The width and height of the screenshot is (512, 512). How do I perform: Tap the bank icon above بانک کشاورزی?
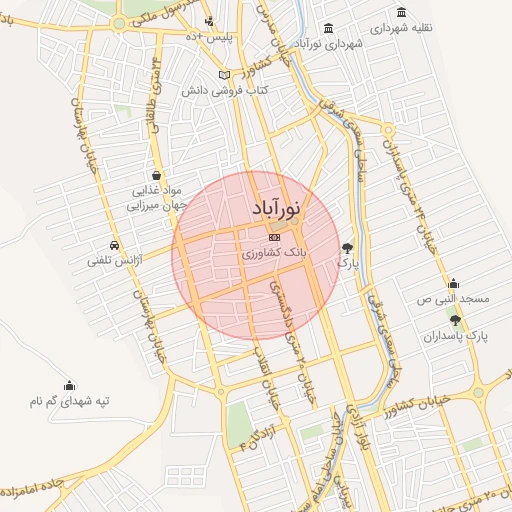point(274,237)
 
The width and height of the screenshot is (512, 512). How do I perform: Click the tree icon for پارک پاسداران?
point(457,320)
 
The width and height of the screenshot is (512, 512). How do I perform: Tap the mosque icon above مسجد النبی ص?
point(453,283)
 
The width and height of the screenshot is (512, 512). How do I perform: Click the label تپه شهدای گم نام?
point(68,402)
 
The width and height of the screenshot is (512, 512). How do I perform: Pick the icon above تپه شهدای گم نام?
point(69,386)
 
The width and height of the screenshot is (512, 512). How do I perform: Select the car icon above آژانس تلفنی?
point(116,245)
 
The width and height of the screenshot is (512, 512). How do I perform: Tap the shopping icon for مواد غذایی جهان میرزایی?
point(155,175)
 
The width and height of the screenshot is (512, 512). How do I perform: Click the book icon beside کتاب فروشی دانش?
point(225,75)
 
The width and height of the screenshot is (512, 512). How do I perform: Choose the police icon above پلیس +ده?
point(208,22)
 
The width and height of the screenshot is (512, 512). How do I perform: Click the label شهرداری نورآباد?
point(330,43)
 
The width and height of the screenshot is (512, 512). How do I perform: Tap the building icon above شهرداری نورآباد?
point(330,27)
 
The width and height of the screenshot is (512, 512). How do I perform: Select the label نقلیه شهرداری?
point(401,28)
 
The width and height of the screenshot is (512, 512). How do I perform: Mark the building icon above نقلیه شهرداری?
point(401,12)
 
